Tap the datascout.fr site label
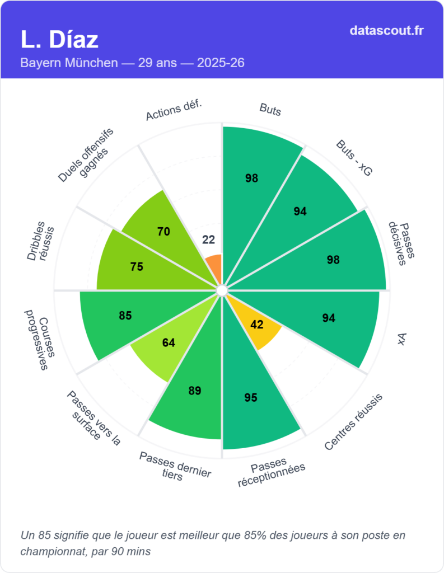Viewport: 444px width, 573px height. [x=386, y=30]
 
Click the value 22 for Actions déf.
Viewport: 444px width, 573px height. [x=208, y=239]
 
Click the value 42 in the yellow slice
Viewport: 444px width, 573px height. [x=256, y=325]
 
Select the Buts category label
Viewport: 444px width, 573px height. [x=270, y=109]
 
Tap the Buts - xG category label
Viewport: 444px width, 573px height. [x=354, y=159]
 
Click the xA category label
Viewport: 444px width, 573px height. [x=401, y=340]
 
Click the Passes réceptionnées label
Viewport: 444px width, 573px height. [x=272, y=472]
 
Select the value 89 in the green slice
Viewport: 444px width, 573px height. [x=195, y=391]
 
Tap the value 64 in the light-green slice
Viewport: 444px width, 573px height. [x=169, y=342]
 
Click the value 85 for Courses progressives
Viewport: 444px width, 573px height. [x=125, y=316]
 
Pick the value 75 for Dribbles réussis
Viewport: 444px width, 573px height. [x=137, y=267]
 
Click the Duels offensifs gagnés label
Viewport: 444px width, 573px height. [x=87, y=156]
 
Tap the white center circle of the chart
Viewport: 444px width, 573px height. [x=222, y=290]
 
